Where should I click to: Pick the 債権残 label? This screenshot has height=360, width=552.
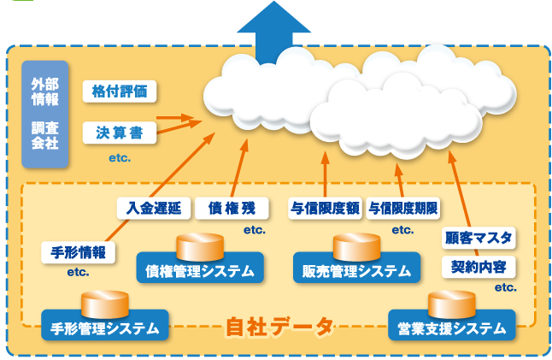click(x=231, y=208)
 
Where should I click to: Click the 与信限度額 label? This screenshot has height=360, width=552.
click(x=326, y=208)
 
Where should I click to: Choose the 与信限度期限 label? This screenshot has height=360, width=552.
click(x=403, y=208)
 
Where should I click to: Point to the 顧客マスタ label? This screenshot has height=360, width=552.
click(x=479, y=236)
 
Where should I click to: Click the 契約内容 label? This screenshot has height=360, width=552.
click(x=479, y=266)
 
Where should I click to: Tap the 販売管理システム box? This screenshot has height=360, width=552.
click(x=356, y=271)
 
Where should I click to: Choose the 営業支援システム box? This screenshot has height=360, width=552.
click(x=452, y=328)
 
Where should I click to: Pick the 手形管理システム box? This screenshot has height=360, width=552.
click(x=104, y=328)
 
